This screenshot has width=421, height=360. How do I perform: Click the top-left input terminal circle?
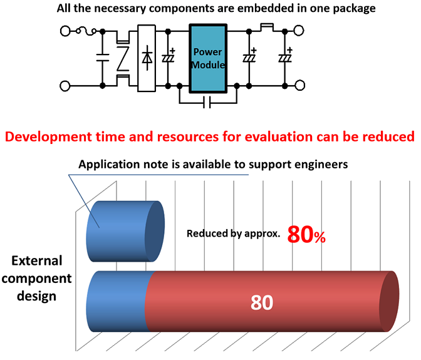(x=65, y=29)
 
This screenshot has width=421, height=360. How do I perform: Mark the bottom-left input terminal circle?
(x=65, y=85)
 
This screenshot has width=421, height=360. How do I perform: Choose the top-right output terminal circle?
(x=299, y=29)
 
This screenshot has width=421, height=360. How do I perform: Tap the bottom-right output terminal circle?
(x=299, y=85)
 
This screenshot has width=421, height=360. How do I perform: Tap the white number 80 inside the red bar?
(x=262, y=302)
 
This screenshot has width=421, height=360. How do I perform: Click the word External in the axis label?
(x=35, y=261)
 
